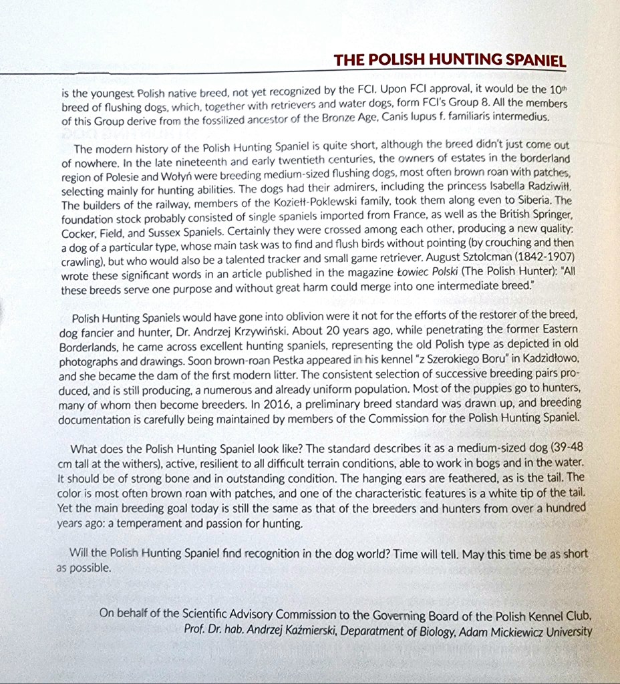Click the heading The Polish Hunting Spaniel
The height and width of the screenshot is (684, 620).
click(x=450, y=61)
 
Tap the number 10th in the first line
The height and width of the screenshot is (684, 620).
click(x=558, y=90)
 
